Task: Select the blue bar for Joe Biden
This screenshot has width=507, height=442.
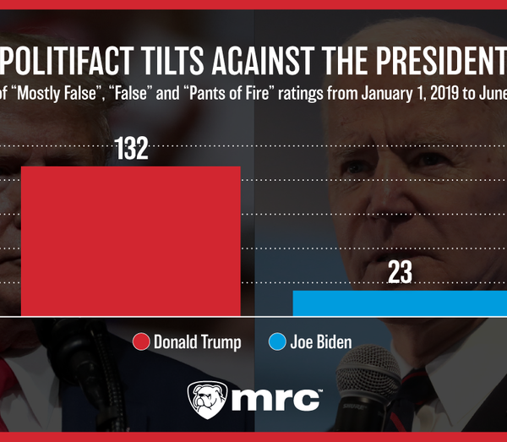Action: (x=400, y=302)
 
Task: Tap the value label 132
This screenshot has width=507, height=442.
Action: (x=131, y=149)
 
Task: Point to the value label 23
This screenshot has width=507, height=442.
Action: (x=400, y=273)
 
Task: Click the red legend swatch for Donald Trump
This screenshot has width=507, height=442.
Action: (x=141, y=342)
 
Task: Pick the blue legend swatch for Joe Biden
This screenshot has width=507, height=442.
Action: (x=276, y=342)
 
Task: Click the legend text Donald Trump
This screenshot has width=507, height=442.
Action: (x=198, y=342)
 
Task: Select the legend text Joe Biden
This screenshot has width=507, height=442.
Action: (x=321, y=342)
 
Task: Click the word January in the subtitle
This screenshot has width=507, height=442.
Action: (x=347, y=94)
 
